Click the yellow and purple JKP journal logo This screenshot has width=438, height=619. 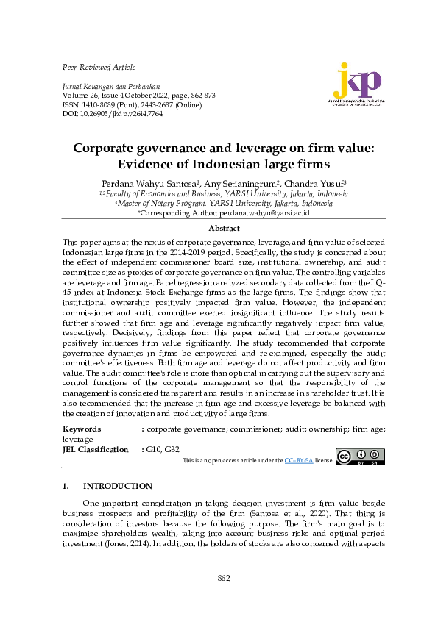coord(358,84)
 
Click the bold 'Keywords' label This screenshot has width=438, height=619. coord(82,428)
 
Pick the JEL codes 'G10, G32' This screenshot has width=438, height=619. coord(163,448)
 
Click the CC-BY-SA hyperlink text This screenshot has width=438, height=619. coord(299,459)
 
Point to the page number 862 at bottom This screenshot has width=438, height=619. coord(224,578)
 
